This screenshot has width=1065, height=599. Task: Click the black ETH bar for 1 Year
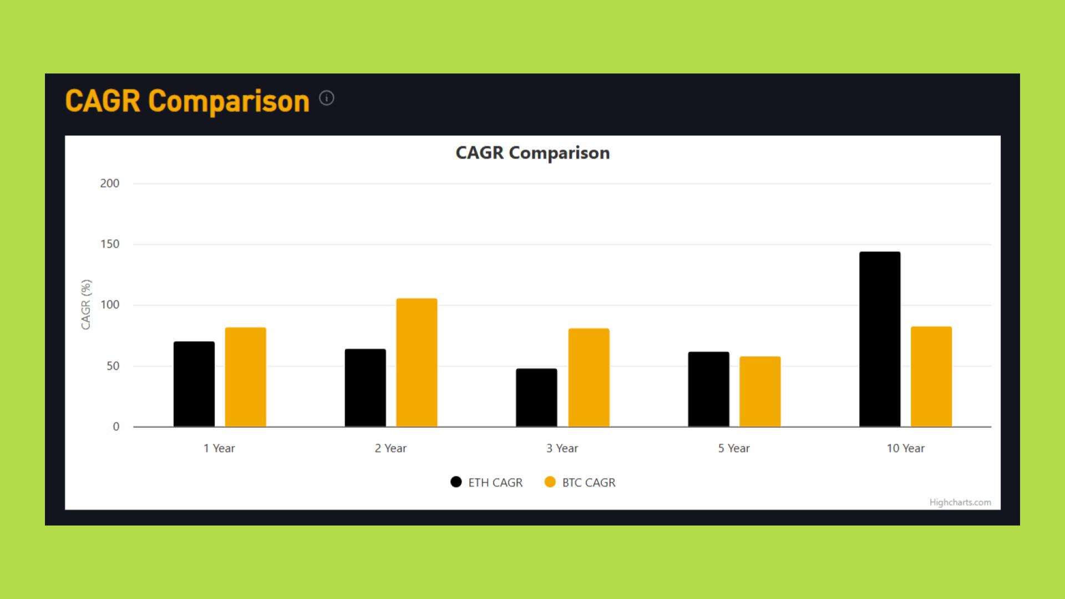[x=194, y=384]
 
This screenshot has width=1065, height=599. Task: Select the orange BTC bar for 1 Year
[x=245, y=377]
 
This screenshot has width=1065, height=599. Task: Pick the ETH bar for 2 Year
[x=365, y=388]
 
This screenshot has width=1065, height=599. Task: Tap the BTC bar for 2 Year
[x=417, y=363]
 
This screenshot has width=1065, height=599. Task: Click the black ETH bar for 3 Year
[x=536, y=398]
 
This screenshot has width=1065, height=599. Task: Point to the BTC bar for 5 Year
[x=760, y=392]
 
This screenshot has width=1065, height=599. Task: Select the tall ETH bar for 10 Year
[x=880, y=339]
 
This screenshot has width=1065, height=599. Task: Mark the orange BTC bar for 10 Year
[x=931, y=377]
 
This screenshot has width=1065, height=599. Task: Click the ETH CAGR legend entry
[x=487, y=483]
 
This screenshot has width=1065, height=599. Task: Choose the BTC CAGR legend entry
[x=580, y=483]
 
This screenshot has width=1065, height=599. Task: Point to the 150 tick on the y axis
[x=110, y=244]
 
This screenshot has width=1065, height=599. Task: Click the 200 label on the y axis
[x=110, y=184]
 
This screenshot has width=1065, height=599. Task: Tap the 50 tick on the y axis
[x=113, y=366]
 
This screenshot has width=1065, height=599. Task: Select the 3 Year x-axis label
[x=562, y=448]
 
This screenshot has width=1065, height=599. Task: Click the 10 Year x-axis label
[x=905, y=448]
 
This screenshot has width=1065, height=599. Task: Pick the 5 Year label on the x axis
[x=733, y=448]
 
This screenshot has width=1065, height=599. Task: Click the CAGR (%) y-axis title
[x=85, y=304]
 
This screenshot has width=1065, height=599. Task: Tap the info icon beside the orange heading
[x=327, y=98]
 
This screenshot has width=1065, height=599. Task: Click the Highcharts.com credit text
[x=960, y=502]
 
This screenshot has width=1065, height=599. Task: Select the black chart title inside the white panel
[x=532, y=153]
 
